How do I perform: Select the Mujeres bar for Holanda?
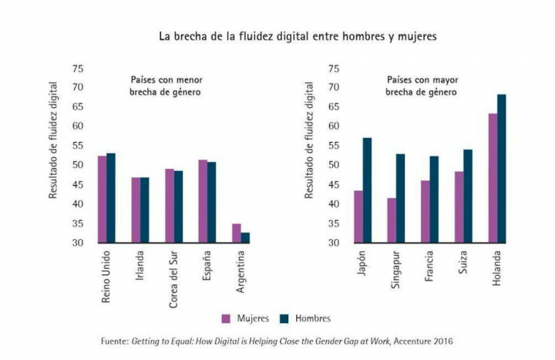pyautogui.click(x=493, y=178)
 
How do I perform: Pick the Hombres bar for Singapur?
pyautogui.click(x=401, y=198)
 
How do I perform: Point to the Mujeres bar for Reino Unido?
pyautogui.click(x=102, y=199)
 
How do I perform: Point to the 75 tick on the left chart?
pyautogui.click(x=78, y=68)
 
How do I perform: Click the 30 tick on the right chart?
pyautogui.click(x=333, y=243)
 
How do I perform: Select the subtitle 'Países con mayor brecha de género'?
pyautogui.click(x=422, y=85)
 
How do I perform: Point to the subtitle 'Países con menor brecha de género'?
pyautogui.click(x=165, y=85)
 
